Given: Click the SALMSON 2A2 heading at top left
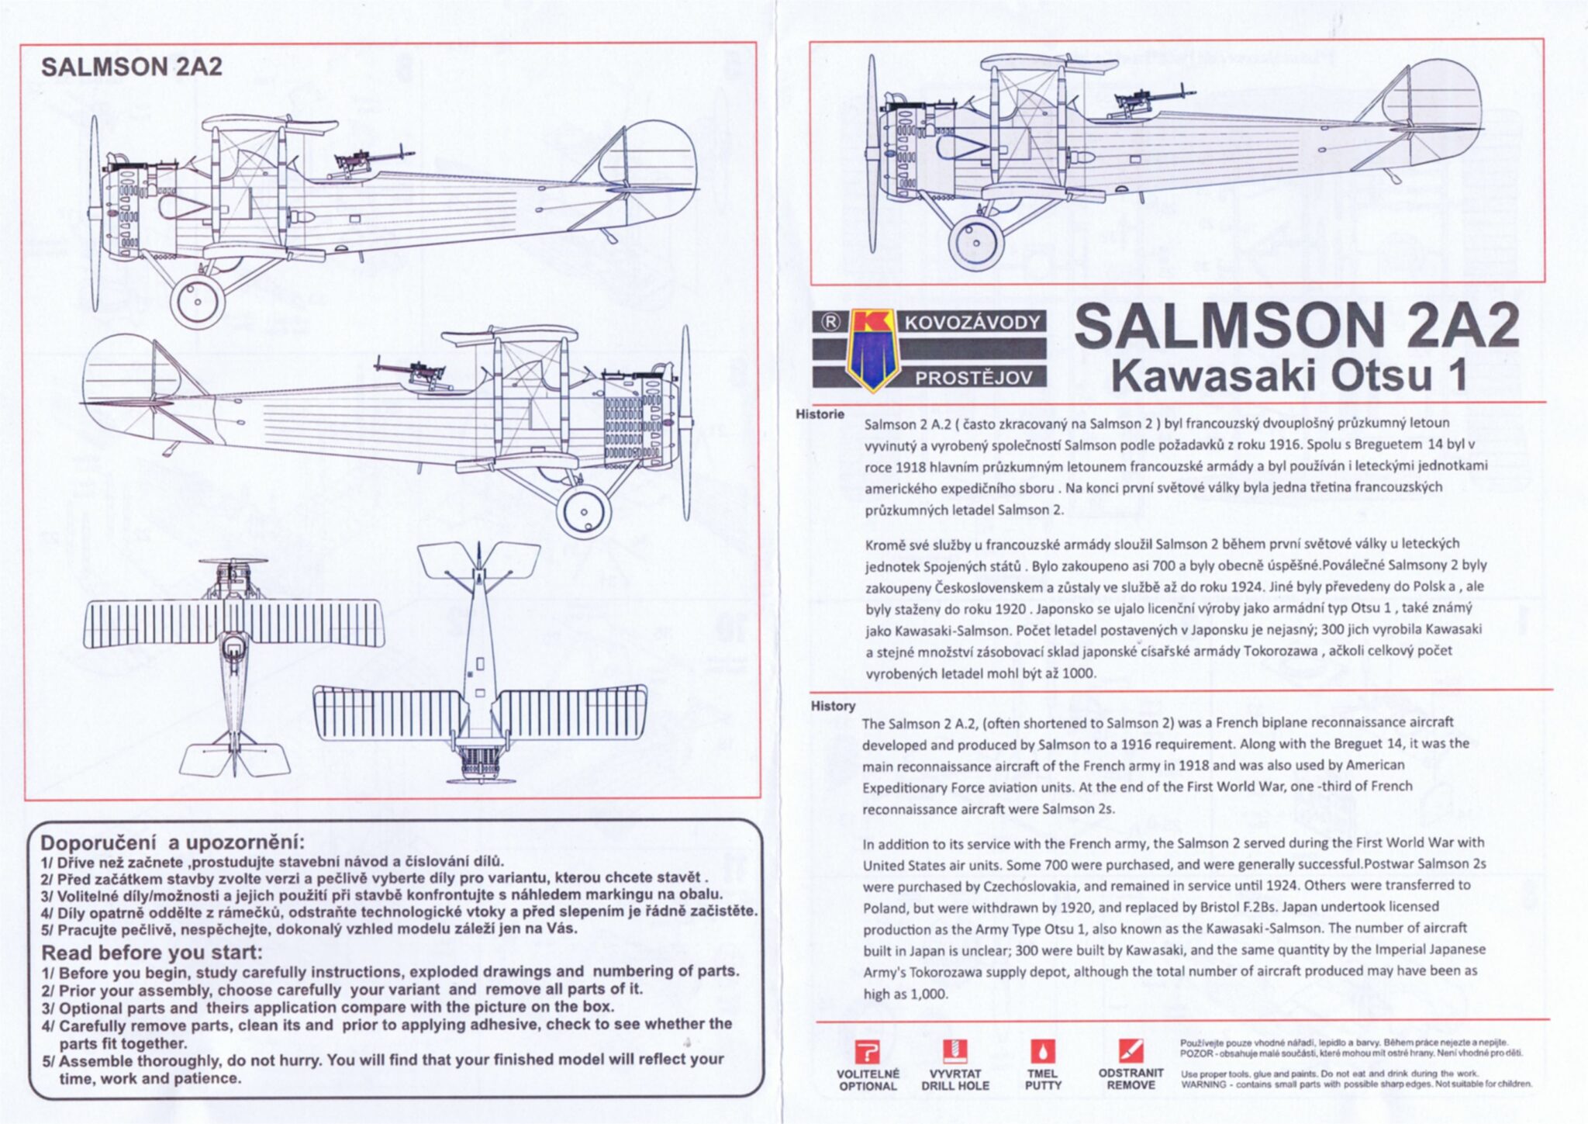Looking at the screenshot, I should (131, 67).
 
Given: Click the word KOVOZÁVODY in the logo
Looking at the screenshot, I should (972, 323).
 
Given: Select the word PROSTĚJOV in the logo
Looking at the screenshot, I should (973, 379).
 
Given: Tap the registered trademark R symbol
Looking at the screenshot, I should (829, 322).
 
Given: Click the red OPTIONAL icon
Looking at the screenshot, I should (867, 1053).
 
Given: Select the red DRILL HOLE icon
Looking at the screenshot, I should (955, 1051).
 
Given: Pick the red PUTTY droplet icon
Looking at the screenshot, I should (1042, 1052).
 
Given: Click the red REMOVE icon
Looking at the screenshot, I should (1131, 1050).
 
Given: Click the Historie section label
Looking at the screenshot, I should (820, 414).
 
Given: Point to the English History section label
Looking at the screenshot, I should (833, 706).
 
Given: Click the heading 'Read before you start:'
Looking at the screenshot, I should (152, 953).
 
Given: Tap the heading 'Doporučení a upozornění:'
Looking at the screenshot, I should (172, 843).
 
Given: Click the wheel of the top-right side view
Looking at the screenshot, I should (975, 242).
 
